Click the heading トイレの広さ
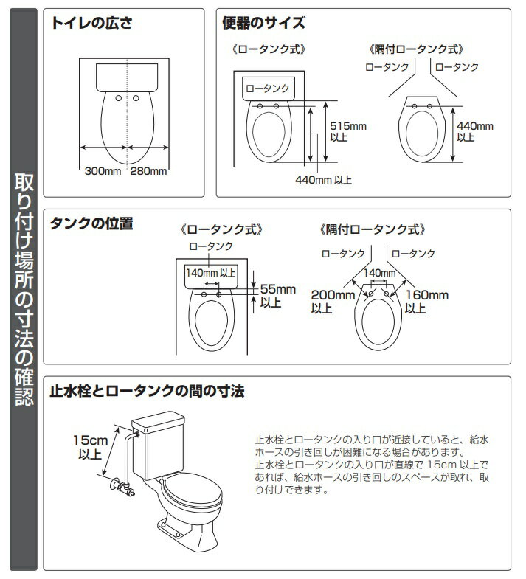point(91,23)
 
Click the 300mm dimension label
point(103,172)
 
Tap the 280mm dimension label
point(148,172)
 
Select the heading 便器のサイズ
point(263,23)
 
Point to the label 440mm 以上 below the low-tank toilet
point(323,179)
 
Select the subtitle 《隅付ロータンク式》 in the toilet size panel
point(416,49)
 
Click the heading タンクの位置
point(91,224)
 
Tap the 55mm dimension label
point(278,288)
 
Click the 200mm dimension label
point(333,295)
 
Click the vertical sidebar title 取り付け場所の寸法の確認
point(21,288)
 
